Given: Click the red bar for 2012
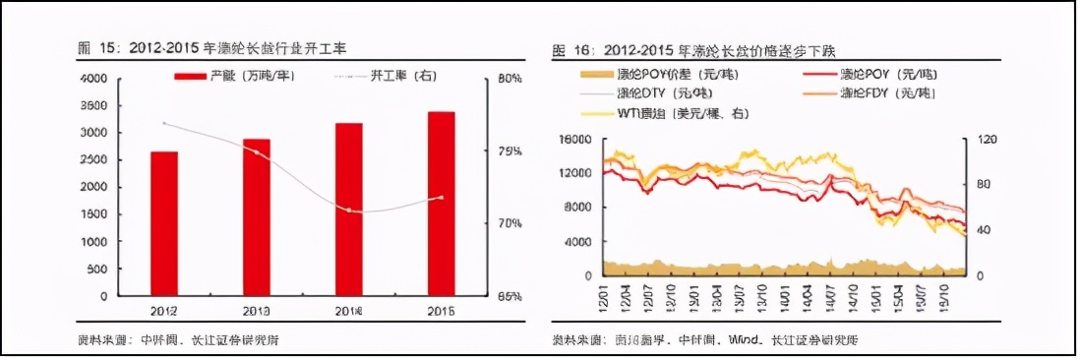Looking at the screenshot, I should click(x=163, y=223).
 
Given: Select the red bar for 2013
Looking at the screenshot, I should click(x=256, y=216).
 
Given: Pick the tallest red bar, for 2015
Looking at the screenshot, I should click(x=441, y=203).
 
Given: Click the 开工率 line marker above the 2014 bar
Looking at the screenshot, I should click(x=348, y=210).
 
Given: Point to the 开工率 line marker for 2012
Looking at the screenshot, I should click(x=163, y=123).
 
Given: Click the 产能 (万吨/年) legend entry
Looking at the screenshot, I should click(x=232, y=76).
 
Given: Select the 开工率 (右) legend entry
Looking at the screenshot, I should click(x=385, y=76).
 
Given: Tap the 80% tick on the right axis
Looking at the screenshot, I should click(x=510, y=79).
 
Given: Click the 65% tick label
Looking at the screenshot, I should click(x=510, y=296).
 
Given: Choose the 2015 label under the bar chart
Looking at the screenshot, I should click(x=441, y=311).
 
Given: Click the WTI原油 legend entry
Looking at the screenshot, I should click(x=669, y=113).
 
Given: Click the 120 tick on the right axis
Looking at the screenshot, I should click(x=984, y=139).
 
